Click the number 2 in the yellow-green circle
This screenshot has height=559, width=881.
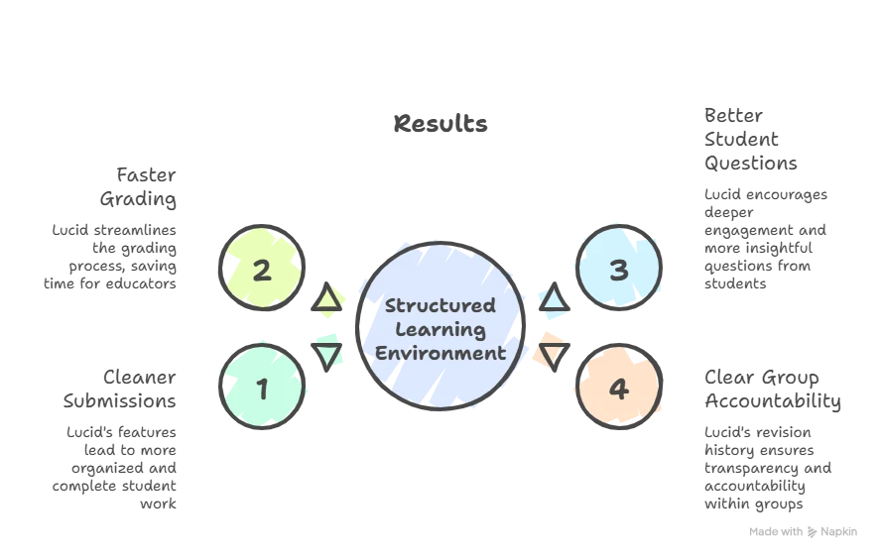(x=261, y=270)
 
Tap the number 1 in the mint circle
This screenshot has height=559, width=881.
(x=262, y=389)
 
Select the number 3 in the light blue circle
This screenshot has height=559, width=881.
(x=618, y=270)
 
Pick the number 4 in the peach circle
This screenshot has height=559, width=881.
(x=618, y=389)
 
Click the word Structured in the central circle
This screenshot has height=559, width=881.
(x=440, y=305)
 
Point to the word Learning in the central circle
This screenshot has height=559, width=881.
(x=440, y=329)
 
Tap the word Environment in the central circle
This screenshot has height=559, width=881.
(x=440, y=353)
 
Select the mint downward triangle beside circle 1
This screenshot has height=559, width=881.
(x=328, y=353)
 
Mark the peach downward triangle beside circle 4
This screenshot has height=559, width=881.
(x=552, y=354)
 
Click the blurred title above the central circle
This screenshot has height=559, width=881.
(x=440, y=125)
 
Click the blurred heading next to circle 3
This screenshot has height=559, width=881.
(x=750, y=140)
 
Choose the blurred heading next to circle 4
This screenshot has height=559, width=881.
(x=769, y=390)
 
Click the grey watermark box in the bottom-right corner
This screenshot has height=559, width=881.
(x=801, y=531)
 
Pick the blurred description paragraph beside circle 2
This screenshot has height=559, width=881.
(x=113, y=256)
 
